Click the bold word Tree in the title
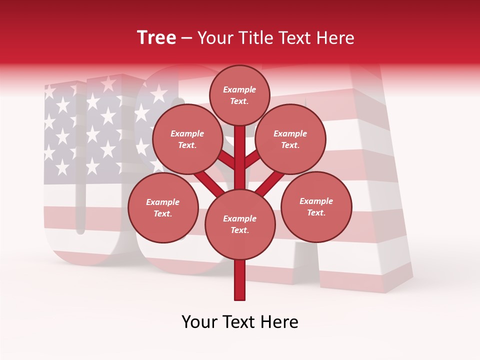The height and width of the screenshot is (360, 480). coord(156,38)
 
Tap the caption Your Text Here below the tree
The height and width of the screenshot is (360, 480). coord(240,322)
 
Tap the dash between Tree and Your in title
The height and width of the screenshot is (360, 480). coord(187,38)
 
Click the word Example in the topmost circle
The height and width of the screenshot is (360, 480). coord(239,90)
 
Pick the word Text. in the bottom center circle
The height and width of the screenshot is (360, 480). coord(239,230)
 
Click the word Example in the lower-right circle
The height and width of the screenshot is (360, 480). coord(316,201)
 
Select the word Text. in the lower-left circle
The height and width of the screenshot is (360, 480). coord(162,214)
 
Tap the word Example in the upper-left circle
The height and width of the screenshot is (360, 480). coord(187,134)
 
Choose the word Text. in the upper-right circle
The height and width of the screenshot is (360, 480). coord(290,145)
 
